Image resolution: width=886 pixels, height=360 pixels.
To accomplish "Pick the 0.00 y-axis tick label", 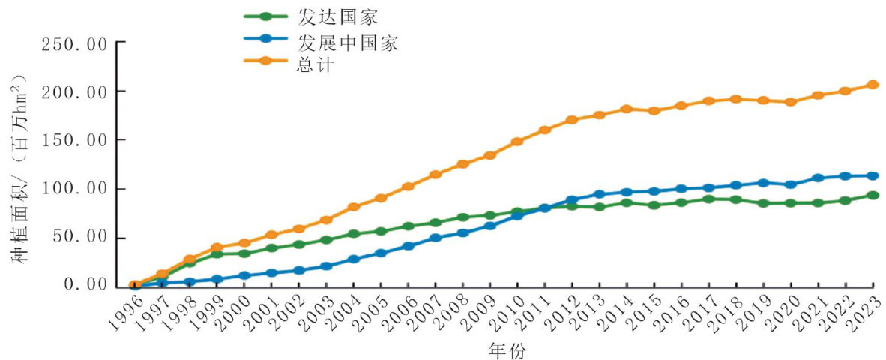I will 86,285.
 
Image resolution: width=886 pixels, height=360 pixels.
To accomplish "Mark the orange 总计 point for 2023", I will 873,85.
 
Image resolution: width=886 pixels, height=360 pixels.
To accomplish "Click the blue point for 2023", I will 873,176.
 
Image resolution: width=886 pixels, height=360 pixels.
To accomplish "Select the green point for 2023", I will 873,196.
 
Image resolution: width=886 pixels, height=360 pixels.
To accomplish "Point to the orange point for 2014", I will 627,109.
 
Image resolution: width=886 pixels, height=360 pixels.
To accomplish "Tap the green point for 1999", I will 217,254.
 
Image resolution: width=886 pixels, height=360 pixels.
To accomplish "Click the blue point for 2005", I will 381,253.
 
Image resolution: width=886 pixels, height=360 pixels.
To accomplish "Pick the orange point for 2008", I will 462,164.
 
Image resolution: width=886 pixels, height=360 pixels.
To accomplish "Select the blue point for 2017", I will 709,188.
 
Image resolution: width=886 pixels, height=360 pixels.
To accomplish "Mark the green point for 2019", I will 764,203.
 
